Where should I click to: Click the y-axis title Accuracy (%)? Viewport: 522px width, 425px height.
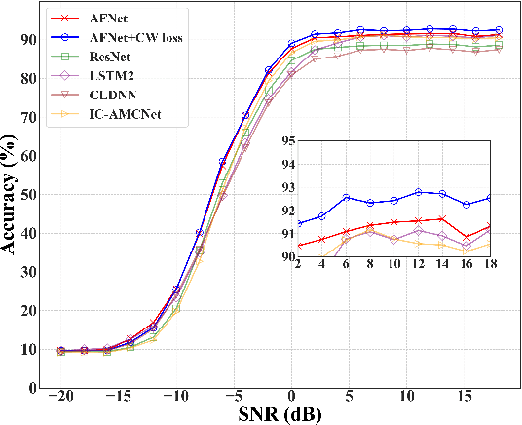pos(16,192)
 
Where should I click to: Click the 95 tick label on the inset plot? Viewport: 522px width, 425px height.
pos(286,140)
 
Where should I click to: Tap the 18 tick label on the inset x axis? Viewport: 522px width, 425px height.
pos(489,264)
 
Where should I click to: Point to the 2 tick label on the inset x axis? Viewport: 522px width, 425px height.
pos(298,264)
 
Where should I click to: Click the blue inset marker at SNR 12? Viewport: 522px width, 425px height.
pos(418,191)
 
